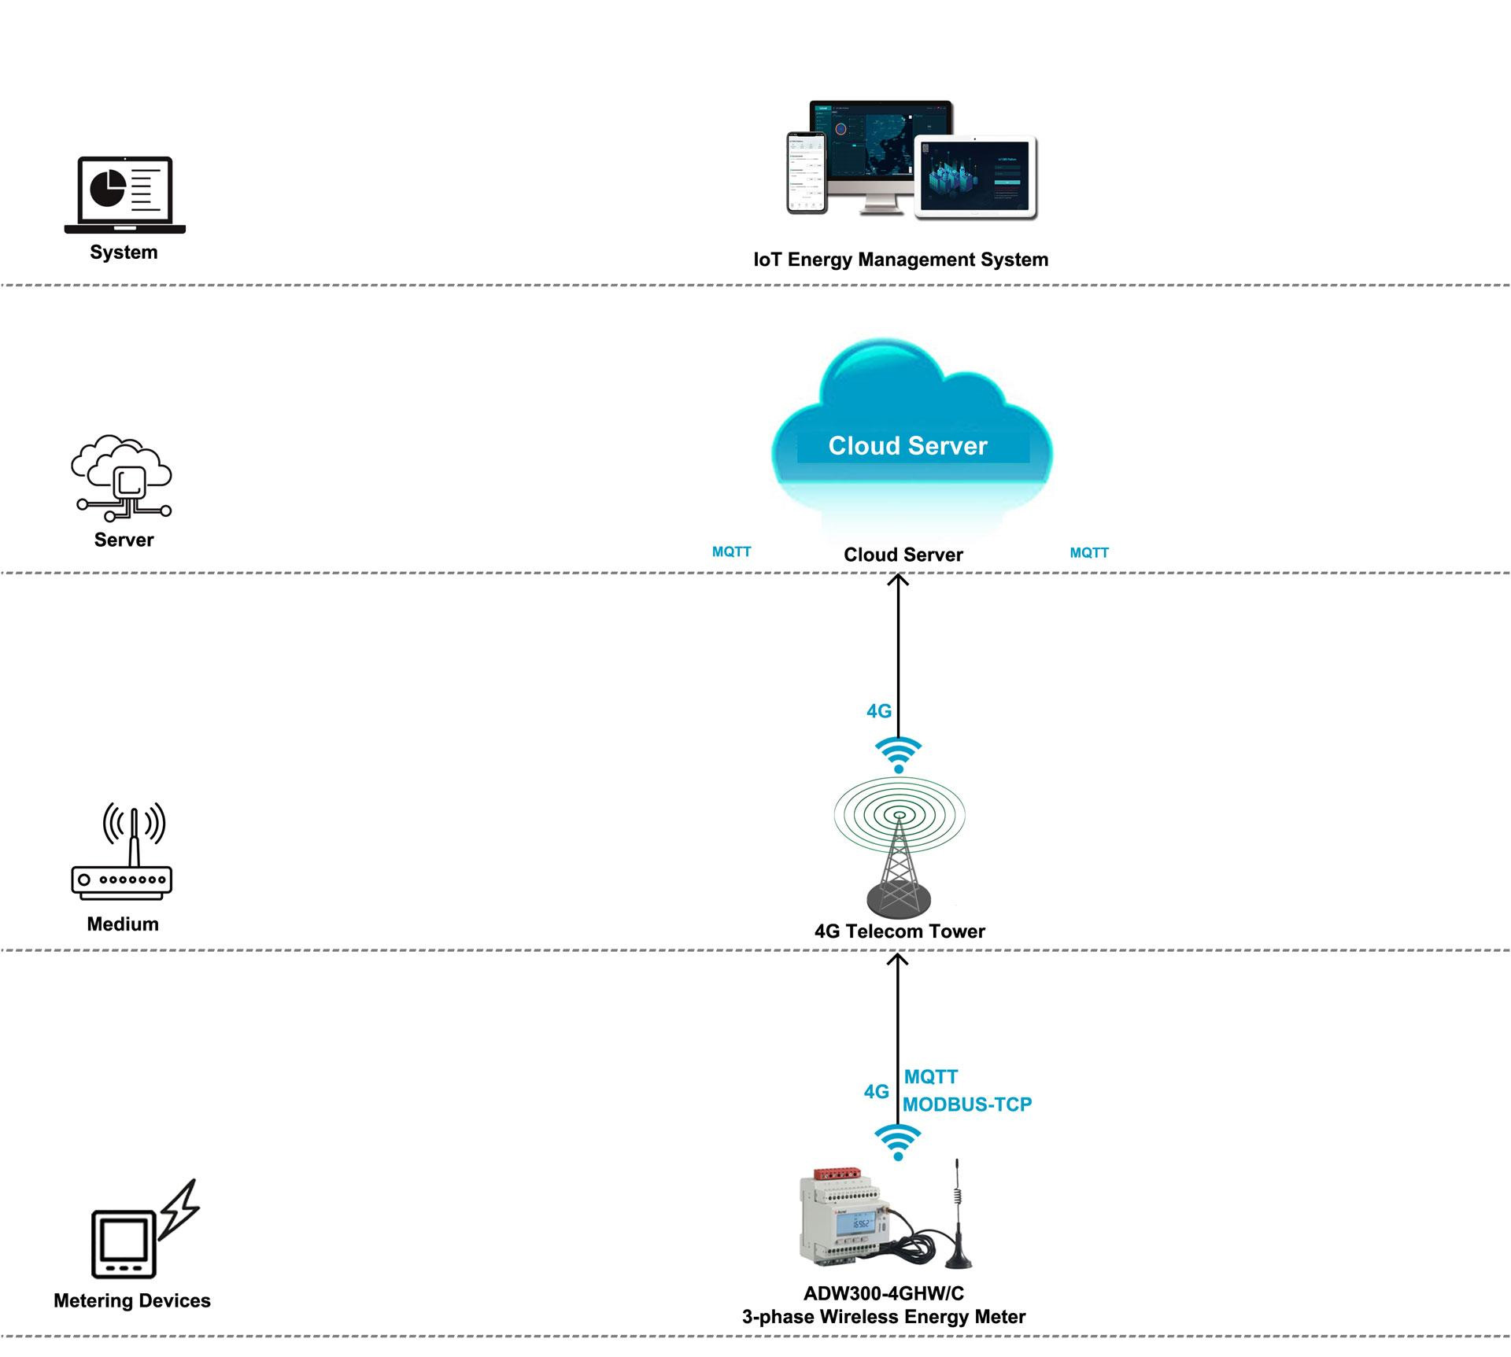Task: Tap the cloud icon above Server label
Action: pos(122,477)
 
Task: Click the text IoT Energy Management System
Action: pos(900,260)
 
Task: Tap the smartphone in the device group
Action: pos(807,172)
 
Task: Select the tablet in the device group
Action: pos(976,177)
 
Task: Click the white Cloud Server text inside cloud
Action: pos(907,446)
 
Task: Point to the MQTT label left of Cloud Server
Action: pos(731,552)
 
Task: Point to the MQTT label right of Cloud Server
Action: pos(1089,553)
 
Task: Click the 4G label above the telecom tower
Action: pos(878,711)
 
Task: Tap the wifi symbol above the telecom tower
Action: pos(898,754)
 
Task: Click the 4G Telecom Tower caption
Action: pos(900,931)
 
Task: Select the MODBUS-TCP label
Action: pos(967,1104)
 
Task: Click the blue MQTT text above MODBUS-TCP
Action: pos(931,1077)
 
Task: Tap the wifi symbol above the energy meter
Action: pos(898,1141)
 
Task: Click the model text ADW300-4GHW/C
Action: pos(883,1294)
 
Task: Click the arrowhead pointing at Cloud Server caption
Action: pos(898,581)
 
